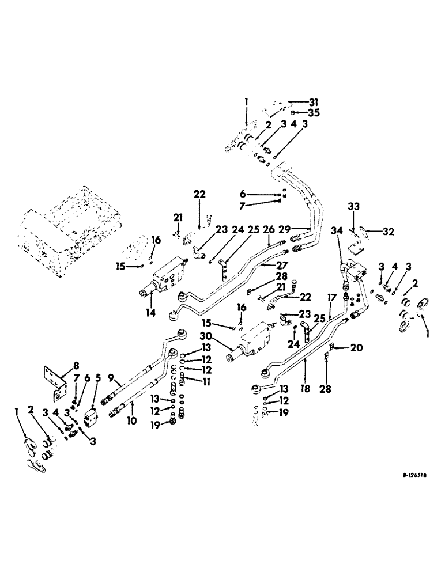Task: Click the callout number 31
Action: point(298,102)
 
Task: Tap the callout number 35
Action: point(298,112)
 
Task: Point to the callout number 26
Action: point(268,229)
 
